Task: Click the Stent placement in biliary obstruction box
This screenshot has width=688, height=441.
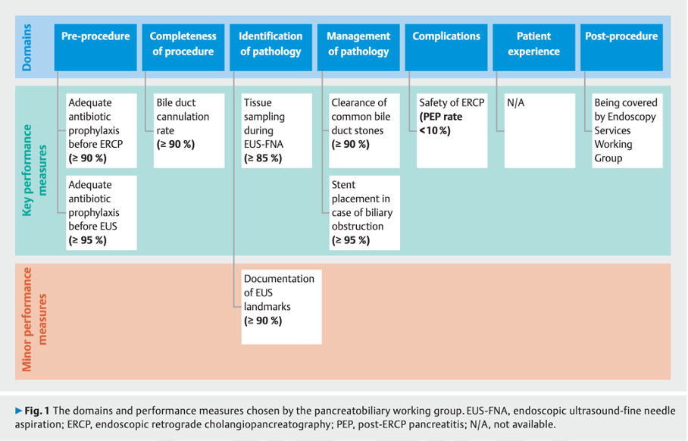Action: [364, 212]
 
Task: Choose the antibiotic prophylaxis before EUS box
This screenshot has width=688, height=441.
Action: [102, 212]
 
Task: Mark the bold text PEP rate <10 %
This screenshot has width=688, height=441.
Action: [440, 124]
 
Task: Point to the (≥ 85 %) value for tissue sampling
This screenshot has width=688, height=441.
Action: [263, 158]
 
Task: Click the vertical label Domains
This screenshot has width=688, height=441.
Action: [28, 47]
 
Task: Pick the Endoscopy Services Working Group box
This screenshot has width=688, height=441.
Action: [627, 130]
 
